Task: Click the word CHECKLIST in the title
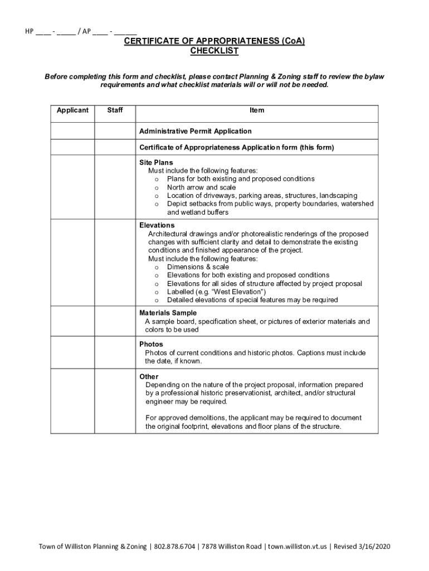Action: (x=214, y=51)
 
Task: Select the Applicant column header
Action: (x=72, y=110)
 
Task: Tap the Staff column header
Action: (x=115, y=110)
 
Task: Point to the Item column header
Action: (x=257, y=110)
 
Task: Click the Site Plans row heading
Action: (x=156, y=162)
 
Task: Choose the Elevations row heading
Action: (x=157, y=225)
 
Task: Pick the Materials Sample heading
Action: (x=168, y=313)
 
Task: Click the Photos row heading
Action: (x=151, y=345)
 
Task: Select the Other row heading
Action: (x=149, y=376)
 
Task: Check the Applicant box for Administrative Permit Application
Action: (x=72, y=131)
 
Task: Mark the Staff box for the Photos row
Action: (x=115, y=354)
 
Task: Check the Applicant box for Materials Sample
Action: (x=72, y=322)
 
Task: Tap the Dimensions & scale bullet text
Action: (x=198, y=267)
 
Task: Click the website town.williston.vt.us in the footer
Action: (x=298, y=546)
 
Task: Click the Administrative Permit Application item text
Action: (x=195, y=131)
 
